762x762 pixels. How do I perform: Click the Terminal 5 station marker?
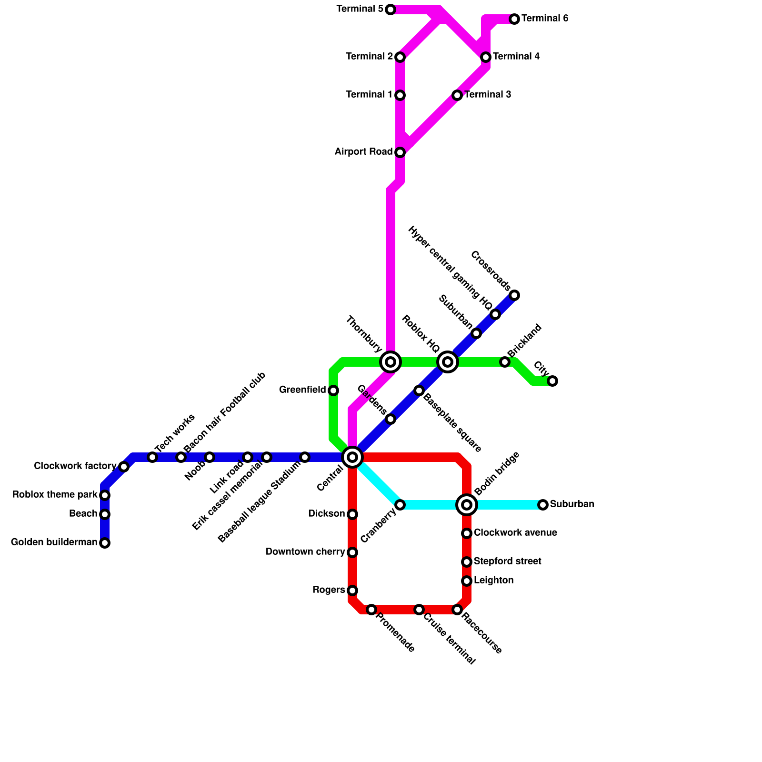click(391, 10)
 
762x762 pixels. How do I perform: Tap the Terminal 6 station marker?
click(514, 19)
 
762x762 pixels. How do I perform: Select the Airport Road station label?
click(363, 152)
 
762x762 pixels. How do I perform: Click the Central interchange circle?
click(352, 457)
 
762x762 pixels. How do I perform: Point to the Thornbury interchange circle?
click(391, 362)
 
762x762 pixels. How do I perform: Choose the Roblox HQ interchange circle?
click(448, 362)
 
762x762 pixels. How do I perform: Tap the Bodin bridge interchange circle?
click(467, 505)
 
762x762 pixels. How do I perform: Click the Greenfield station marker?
click(333, 391)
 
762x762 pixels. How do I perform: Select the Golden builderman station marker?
click(105, 543)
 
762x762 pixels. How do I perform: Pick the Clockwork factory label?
click(75, 466)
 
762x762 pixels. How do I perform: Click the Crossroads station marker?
click(514, 295)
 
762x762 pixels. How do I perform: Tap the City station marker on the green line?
click(552, 381)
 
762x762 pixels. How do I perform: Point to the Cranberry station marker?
click(400, 505)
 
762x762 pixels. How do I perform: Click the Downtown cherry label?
click(305, 552)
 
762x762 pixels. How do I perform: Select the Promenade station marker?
click(371, 610)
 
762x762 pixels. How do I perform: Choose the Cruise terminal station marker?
click(419, 610)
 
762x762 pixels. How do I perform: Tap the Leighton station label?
click(493, 581)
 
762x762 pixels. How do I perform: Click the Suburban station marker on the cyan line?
click(543, 505)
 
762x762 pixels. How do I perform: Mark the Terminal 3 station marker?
click(457, 95)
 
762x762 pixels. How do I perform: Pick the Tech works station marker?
click(152, 457)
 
